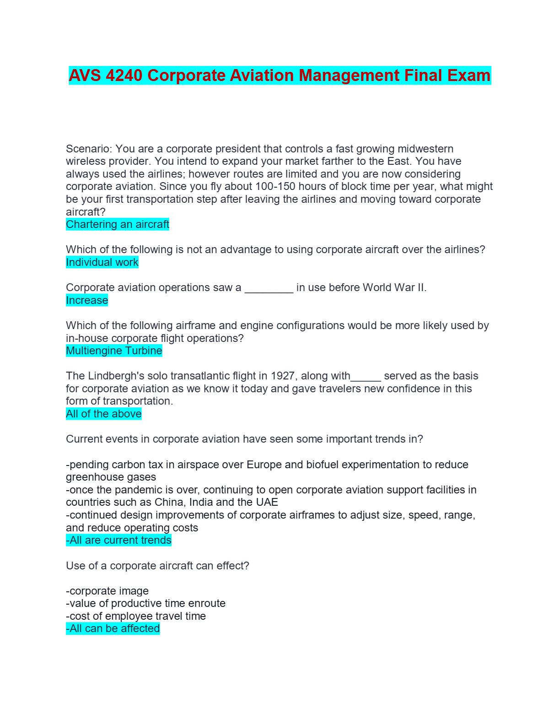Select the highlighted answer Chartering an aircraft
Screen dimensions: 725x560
coord(118,224)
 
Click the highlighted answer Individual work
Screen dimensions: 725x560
coord(102,262)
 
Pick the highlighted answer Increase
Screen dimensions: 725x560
coord(87,300)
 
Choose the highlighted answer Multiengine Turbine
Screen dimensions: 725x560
coord(114,351)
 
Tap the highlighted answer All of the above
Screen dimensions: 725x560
coord(104,414)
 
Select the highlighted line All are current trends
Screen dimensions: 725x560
coord(118,540)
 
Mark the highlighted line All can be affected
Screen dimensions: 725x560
coord(113,628)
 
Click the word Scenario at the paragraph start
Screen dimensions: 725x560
coord(88,149)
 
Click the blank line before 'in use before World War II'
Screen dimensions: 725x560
coord(269,288)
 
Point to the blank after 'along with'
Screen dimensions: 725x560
coord(366,377)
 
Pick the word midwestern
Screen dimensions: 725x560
coord(425,149)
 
